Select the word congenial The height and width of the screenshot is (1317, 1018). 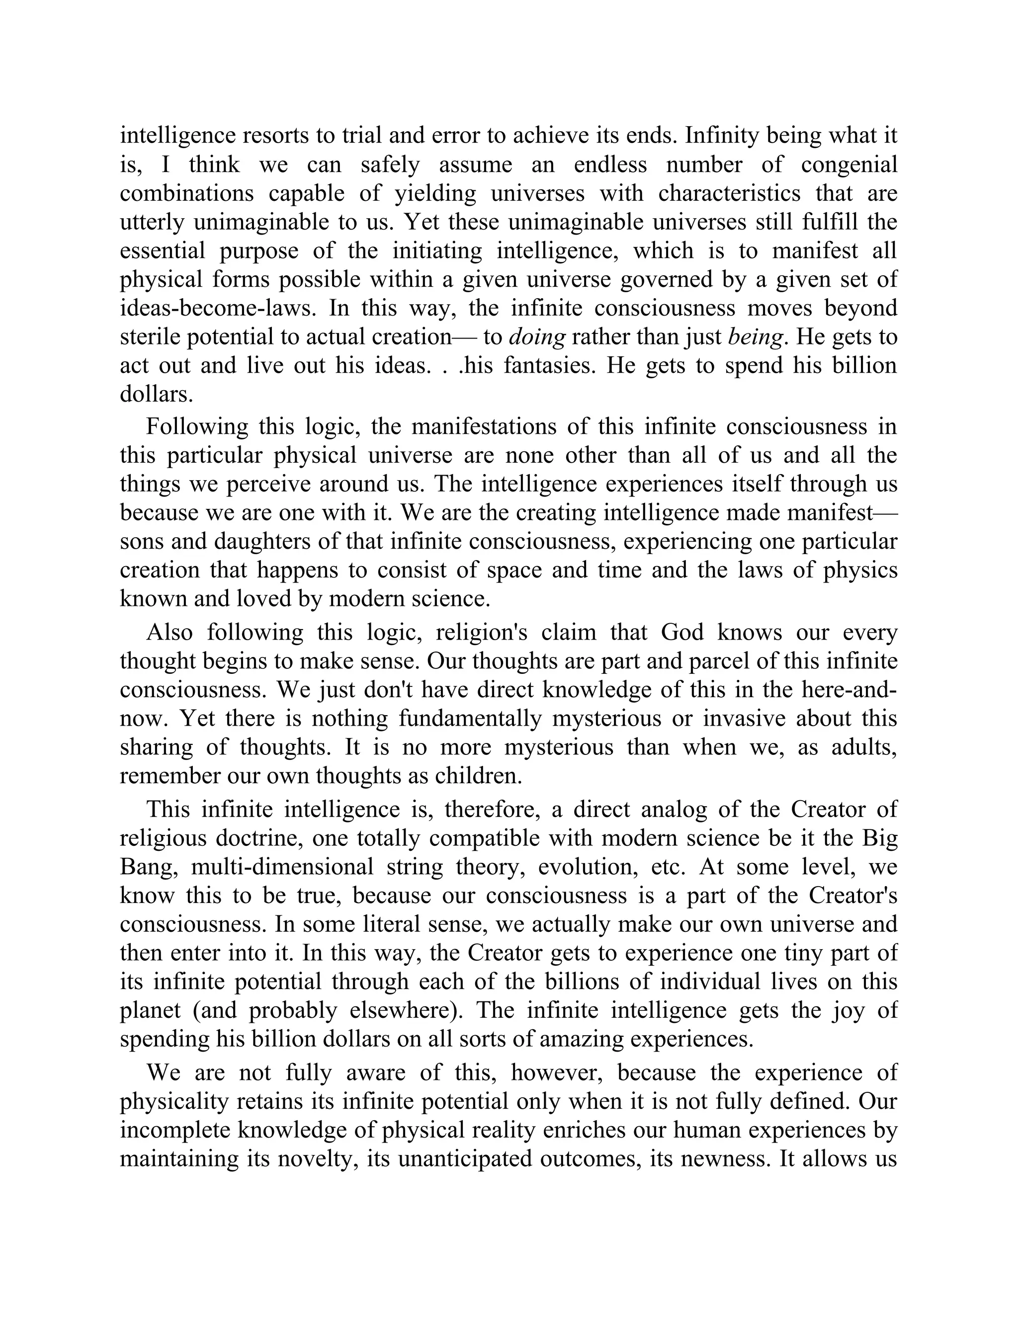tap(849, 164)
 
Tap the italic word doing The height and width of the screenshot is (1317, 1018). tap(537, 336)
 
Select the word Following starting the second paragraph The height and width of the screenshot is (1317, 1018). tap(197, 426)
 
